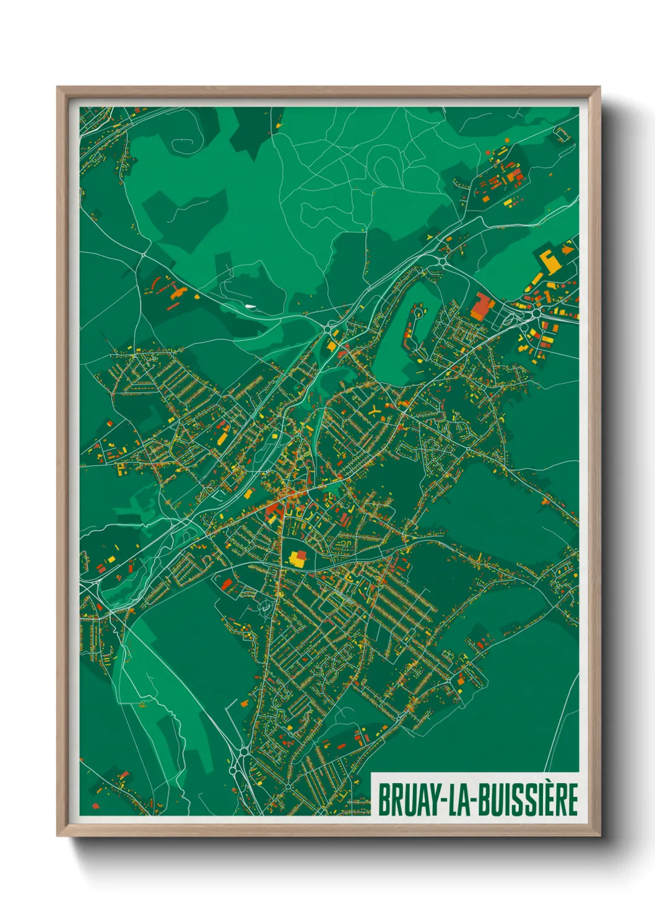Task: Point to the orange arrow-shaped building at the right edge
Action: [x=566, y=250]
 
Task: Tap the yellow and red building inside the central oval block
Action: [x=298, y=558]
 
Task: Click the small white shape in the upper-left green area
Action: [x=250, y=305]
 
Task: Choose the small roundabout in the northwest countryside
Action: [x=143, y=254]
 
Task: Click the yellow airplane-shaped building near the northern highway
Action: [x=332, y=346]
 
